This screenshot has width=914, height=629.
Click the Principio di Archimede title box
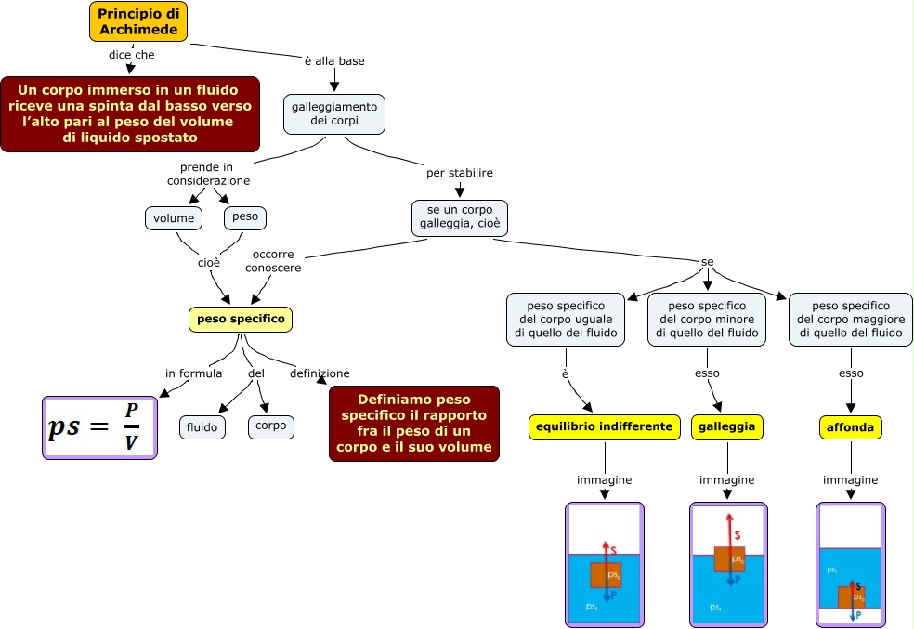138,21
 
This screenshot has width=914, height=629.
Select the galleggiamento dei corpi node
333,114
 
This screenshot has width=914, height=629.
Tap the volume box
174,218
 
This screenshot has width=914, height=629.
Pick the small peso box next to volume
245,217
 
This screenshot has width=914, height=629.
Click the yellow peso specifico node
241,320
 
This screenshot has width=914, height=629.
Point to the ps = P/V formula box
100,427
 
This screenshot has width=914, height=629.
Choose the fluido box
202,427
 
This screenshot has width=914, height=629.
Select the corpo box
271,426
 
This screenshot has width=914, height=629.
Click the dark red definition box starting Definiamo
414,423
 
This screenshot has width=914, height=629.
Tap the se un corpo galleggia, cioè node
460,217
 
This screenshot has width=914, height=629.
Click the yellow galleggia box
727,426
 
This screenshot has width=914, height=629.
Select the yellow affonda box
851,427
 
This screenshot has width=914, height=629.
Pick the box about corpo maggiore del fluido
851,319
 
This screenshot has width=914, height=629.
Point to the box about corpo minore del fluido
708,319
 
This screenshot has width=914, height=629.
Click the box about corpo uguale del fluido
566,319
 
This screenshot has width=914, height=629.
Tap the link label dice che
131,55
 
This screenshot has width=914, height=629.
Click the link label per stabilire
459,173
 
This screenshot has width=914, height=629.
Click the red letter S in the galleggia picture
738,535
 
